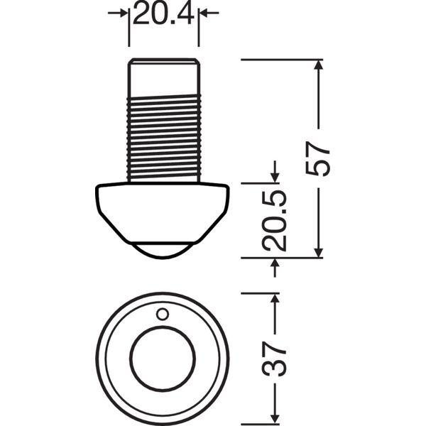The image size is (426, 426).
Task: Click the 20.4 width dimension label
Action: point(163,13)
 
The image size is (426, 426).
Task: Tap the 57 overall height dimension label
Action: point(318,158)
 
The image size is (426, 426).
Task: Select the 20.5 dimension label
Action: point(274,220)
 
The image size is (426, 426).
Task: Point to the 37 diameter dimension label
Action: point(274,359)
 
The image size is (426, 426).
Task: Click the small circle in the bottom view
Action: point(163,315)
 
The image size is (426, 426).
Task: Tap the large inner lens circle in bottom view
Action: point(163,359)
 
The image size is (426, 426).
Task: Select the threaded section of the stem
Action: point(164,138)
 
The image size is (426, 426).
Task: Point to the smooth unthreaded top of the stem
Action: point(164,77)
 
